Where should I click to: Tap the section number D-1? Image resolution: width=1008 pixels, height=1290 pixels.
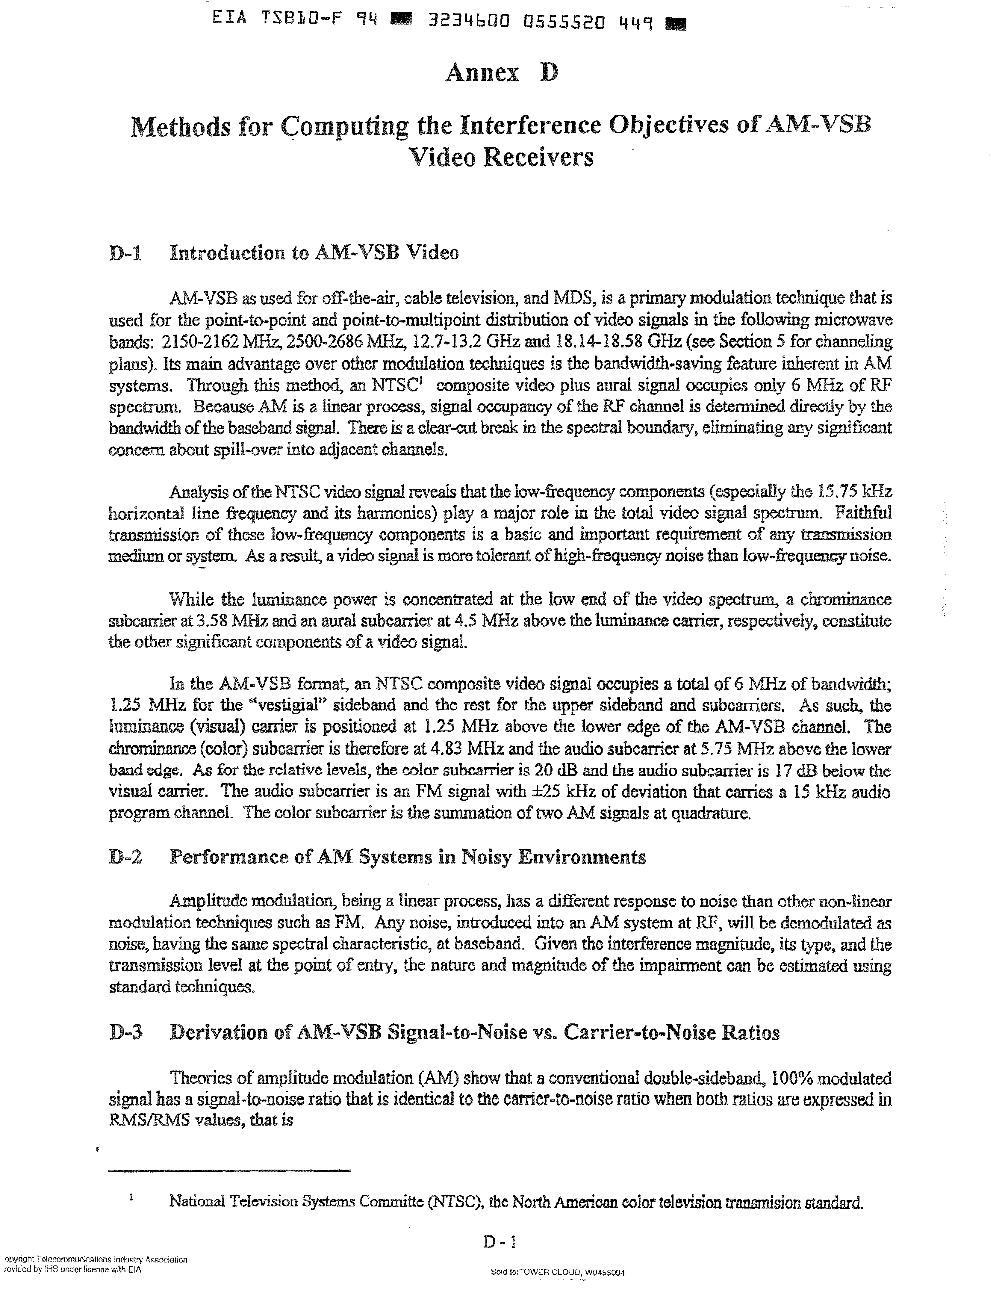[125, 253]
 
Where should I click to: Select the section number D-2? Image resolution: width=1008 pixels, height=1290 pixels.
[125, 857]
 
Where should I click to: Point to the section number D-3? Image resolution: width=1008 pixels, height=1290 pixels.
[125, 1032]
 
